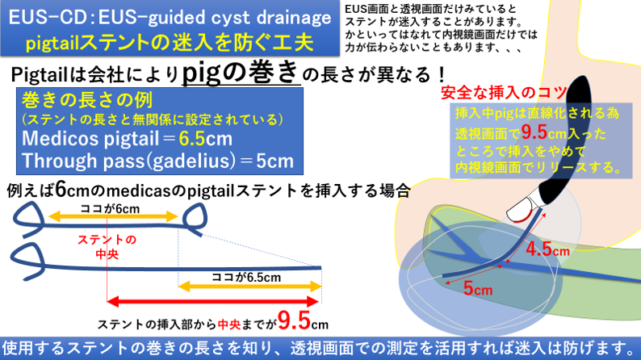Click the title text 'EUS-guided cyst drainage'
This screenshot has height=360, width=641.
click(x=215, y=18)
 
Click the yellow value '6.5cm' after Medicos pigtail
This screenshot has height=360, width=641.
click(x=205, y=139)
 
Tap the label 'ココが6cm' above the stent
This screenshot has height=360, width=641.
click(x=110, y=209)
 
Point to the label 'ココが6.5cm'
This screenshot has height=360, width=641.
click(x=246, y=278)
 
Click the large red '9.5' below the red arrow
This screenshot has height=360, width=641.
click(x=294, y=320)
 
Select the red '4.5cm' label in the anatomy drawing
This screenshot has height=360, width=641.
click(x=547, y=249)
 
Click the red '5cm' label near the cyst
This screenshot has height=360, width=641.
click(x=478, y=289)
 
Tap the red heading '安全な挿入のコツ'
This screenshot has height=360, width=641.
click(x=504, y=93)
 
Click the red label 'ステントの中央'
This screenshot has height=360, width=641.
click(x=107, y=247)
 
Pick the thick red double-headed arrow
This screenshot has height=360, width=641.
click(x=212, y=302)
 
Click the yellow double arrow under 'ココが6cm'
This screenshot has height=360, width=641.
click(x=113, y=216)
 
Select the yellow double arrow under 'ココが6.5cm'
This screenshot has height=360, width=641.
click(x=249, y=287)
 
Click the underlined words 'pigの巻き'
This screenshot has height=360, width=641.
click(x=241, y=73)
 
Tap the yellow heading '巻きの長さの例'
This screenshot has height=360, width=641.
click(x=87, y=100)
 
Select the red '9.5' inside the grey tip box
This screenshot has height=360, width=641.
click(x=534, y=132)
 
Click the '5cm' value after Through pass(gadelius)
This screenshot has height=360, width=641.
click(x=275, y=161)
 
